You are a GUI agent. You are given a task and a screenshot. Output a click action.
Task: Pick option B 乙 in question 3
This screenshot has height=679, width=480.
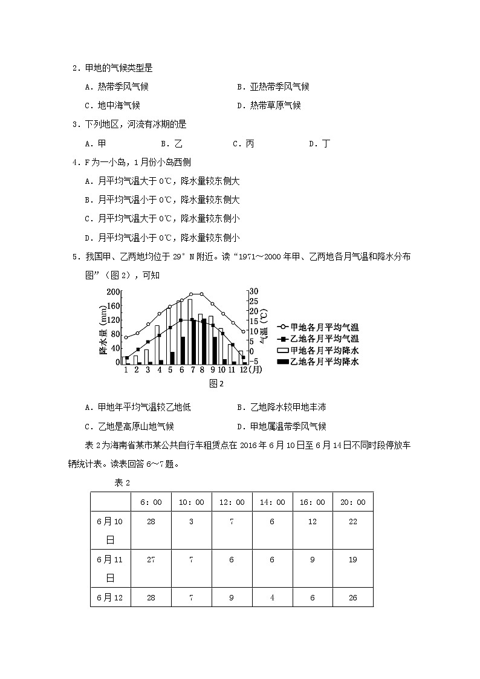click(172, 143)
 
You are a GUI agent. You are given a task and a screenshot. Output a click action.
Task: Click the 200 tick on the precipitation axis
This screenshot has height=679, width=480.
click(113, 291)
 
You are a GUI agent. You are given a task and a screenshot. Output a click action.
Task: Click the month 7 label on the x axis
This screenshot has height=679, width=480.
click(193, 369)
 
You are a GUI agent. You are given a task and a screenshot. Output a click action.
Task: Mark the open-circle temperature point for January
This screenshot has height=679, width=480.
click(126, 337)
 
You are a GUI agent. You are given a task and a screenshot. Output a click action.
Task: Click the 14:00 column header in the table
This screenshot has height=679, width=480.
click(272, 502)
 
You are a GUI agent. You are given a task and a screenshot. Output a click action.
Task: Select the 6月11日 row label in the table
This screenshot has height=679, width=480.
click(111, 568)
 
